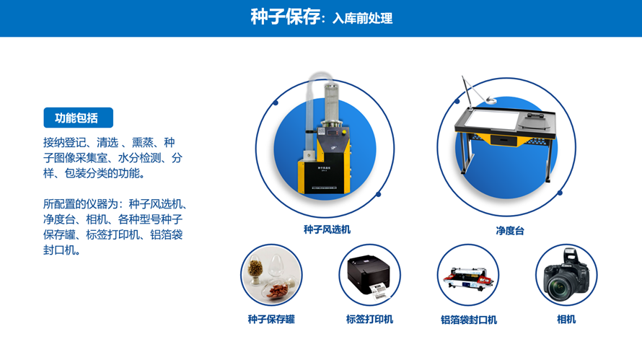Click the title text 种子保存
point(284,17)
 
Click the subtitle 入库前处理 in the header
point(363,19)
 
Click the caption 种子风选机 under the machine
point(327,230)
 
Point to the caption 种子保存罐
point(271,319)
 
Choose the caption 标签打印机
point(369,319)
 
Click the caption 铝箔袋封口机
point(468,320)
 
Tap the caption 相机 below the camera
point(566,319)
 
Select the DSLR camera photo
point(566,275)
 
